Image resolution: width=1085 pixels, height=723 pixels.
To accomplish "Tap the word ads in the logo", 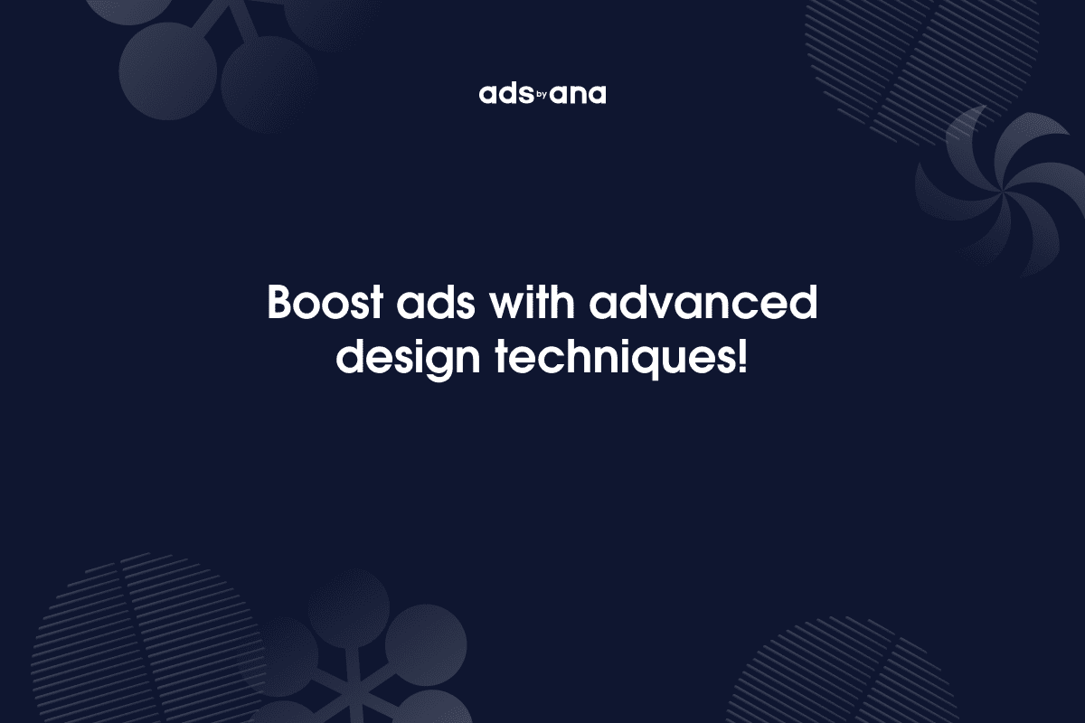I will click(503, 95).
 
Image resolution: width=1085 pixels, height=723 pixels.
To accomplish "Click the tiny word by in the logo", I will click(542, 93).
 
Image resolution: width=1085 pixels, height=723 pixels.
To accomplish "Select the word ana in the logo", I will click(579, 95).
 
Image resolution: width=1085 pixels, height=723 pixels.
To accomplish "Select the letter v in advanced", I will click(674, 306).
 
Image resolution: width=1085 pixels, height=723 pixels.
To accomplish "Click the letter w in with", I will click(508, 306).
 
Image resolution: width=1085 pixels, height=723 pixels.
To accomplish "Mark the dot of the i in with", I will click(537, 289).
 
